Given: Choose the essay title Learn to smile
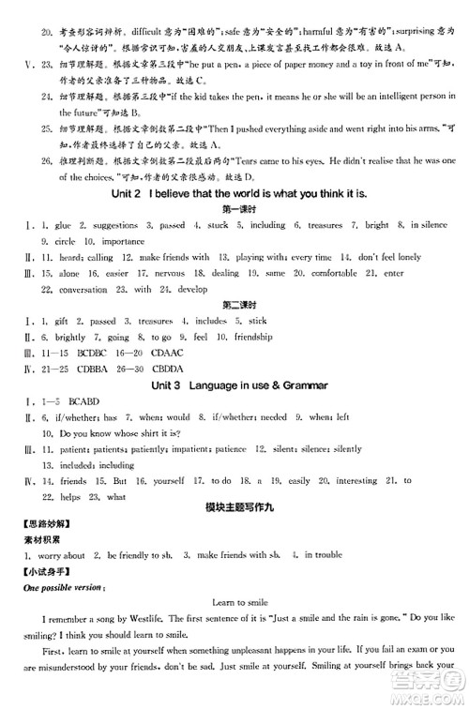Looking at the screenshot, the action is pos(234,600).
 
